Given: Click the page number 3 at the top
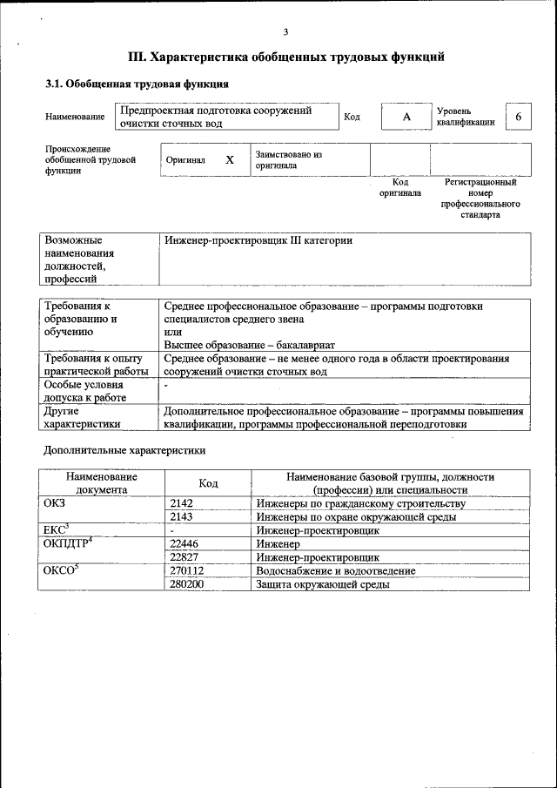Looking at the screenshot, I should click(285, 32).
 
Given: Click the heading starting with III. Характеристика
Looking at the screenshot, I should click(286, 57).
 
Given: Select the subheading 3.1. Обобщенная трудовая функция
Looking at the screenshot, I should click(137, 84).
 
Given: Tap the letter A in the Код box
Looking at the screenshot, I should click(406, 118).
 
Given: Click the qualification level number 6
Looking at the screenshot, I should click(519, 118).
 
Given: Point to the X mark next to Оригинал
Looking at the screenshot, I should click(230, 160).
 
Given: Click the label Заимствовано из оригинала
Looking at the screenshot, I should click(289, 159).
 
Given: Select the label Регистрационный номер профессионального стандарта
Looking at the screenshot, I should click(480, 198).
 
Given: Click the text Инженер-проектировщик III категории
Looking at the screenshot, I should click(258, 240).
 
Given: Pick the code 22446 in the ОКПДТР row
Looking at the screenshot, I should click(185, 543).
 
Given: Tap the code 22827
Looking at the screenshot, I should click(185, 557).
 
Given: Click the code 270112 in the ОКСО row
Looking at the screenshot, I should click(187, 570).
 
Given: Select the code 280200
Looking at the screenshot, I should click(187, 584).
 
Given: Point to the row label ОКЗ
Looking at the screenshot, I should click(54, 503).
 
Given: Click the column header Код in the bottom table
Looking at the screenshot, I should click(208, 483).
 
